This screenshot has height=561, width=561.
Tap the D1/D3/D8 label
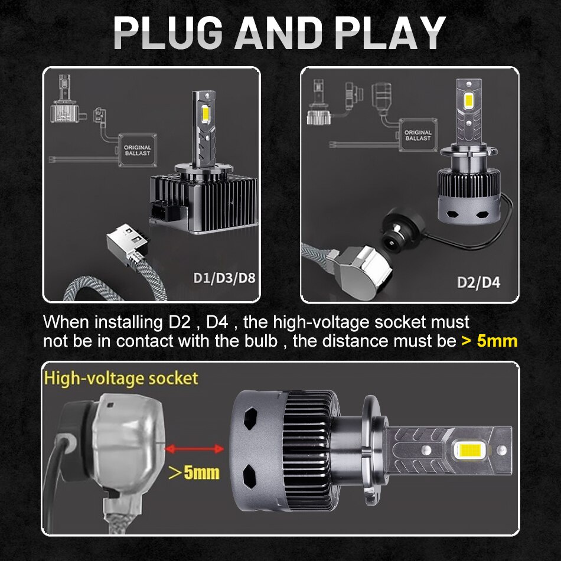(x=224, y=278)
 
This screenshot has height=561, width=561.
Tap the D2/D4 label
(x=479, y=282)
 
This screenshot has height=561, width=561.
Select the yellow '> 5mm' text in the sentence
(x=490, y=341)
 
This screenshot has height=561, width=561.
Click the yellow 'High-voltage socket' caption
(x=121, y=379)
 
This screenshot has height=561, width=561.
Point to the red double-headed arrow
(x=194, y=448)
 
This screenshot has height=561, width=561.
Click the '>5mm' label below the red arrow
(x=194, y=472)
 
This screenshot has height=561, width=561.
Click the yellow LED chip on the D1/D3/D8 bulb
(x=206, y=114)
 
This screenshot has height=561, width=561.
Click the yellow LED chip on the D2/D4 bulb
(x=469, y=101)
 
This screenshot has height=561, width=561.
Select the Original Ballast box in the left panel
(x=138, y=150)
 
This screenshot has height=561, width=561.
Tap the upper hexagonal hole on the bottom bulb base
(x=250, y=418)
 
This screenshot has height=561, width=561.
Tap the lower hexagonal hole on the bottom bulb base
(x=250, y=476)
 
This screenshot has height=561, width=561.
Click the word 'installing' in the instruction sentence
(x=129, y=322)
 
